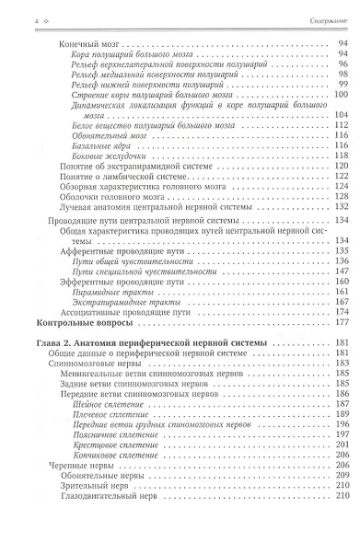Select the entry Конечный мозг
pos(75,43)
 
